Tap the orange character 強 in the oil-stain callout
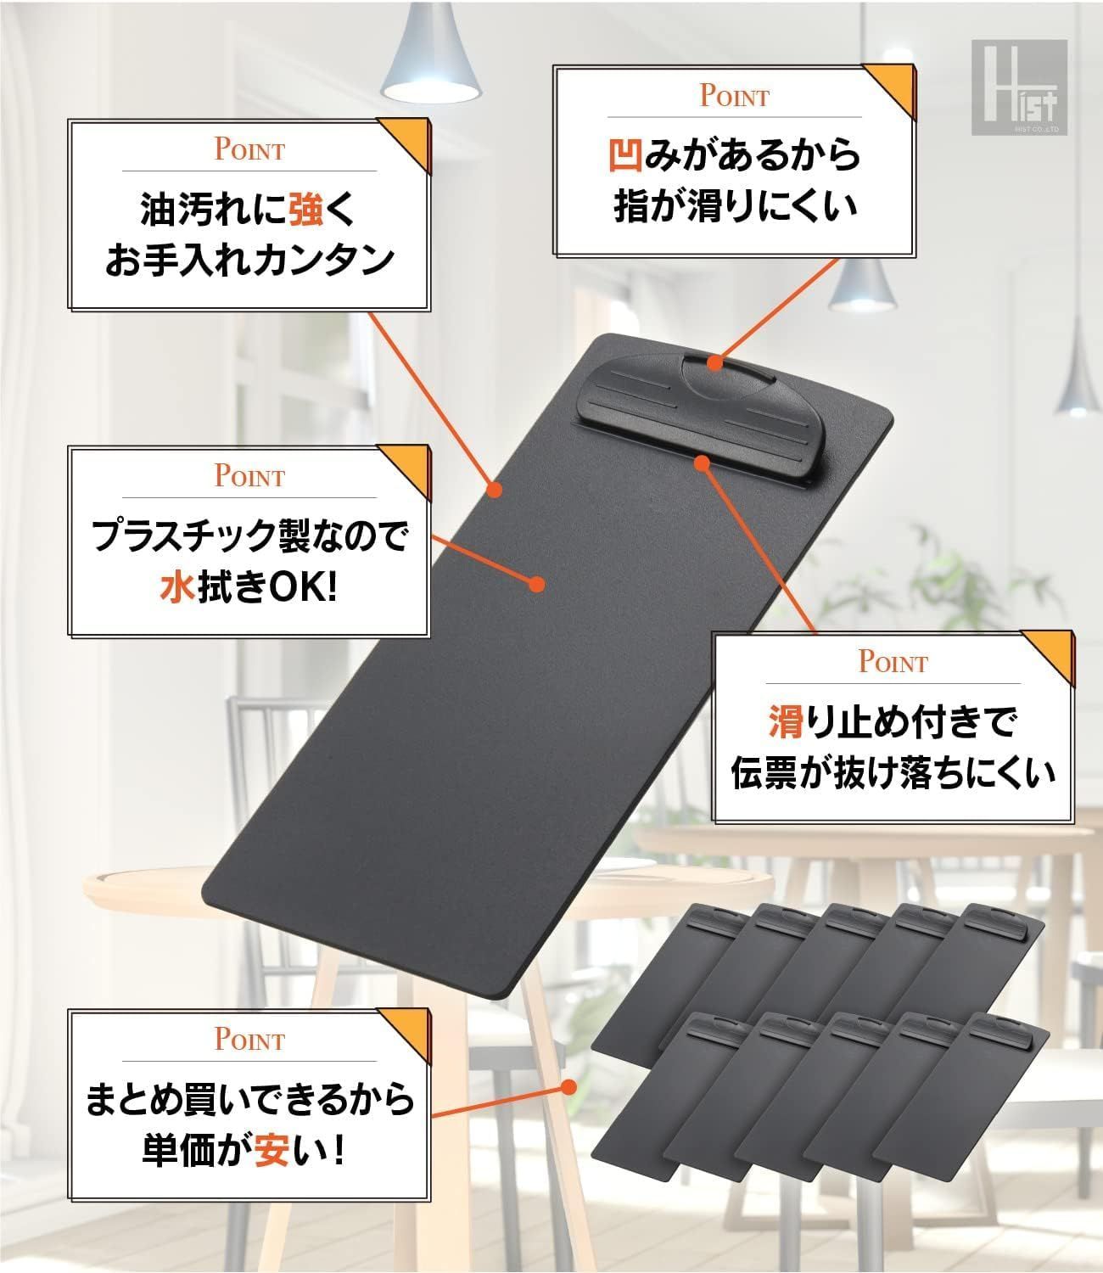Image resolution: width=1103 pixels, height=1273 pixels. pos(305,209)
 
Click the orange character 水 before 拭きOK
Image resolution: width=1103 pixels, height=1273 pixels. pos(177,587)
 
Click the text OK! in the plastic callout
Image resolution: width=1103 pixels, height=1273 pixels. pos(301,587)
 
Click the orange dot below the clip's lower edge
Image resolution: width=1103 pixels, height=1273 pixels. pos(701,462)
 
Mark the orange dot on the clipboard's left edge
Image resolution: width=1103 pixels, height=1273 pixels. pos(496,489)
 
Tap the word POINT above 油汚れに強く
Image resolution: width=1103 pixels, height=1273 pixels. pos(249,151)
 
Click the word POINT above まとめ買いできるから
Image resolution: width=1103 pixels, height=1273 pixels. pos(249,1039)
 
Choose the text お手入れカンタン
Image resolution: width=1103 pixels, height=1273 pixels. pos(249,260)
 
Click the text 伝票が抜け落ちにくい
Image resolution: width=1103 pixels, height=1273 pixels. pos(893,774)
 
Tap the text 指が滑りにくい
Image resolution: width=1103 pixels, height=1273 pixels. pos(735,207)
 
